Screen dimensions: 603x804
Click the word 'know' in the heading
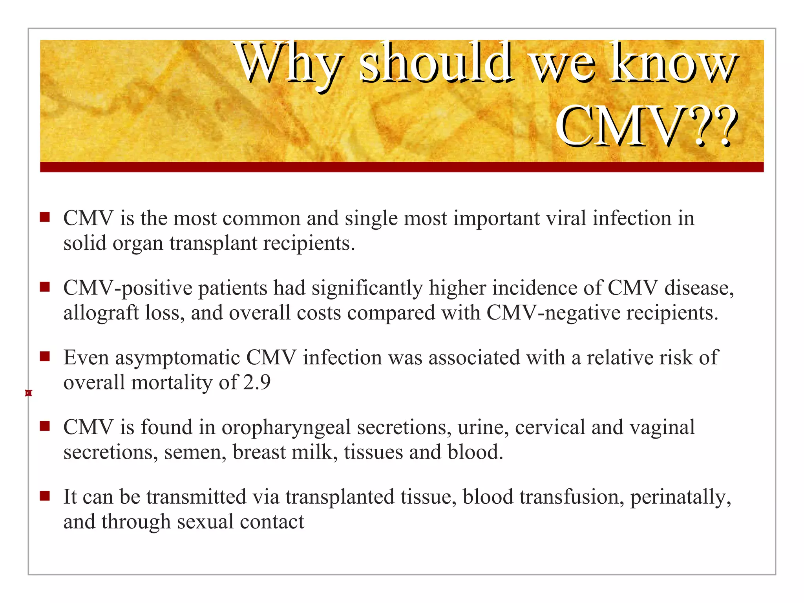pos(673,63)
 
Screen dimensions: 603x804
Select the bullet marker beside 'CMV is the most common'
pos(45,217)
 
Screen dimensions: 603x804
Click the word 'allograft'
pos(101,313)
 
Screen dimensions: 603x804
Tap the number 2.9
pos(257,382)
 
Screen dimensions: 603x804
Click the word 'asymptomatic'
pos(177,358)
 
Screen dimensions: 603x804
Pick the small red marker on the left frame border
pos(28,393)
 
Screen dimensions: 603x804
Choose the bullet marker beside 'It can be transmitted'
pos(45,496)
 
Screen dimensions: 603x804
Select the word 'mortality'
pos(172,382)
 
